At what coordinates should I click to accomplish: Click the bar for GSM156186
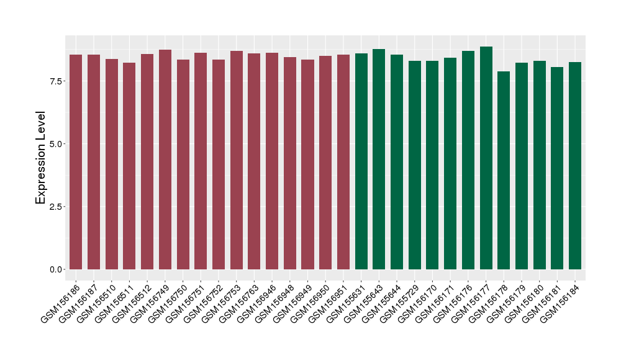76,161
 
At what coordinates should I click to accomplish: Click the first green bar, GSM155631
361,161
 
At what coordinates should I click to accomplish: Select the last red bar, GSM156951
343,161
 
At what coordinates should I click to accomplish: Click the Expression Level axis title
40,158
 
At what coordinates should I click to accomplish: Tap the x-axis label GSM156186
61,301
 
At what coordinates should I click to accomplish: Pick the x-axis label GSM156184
560,301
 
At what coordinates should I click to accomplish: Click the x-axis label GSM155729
400,301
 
